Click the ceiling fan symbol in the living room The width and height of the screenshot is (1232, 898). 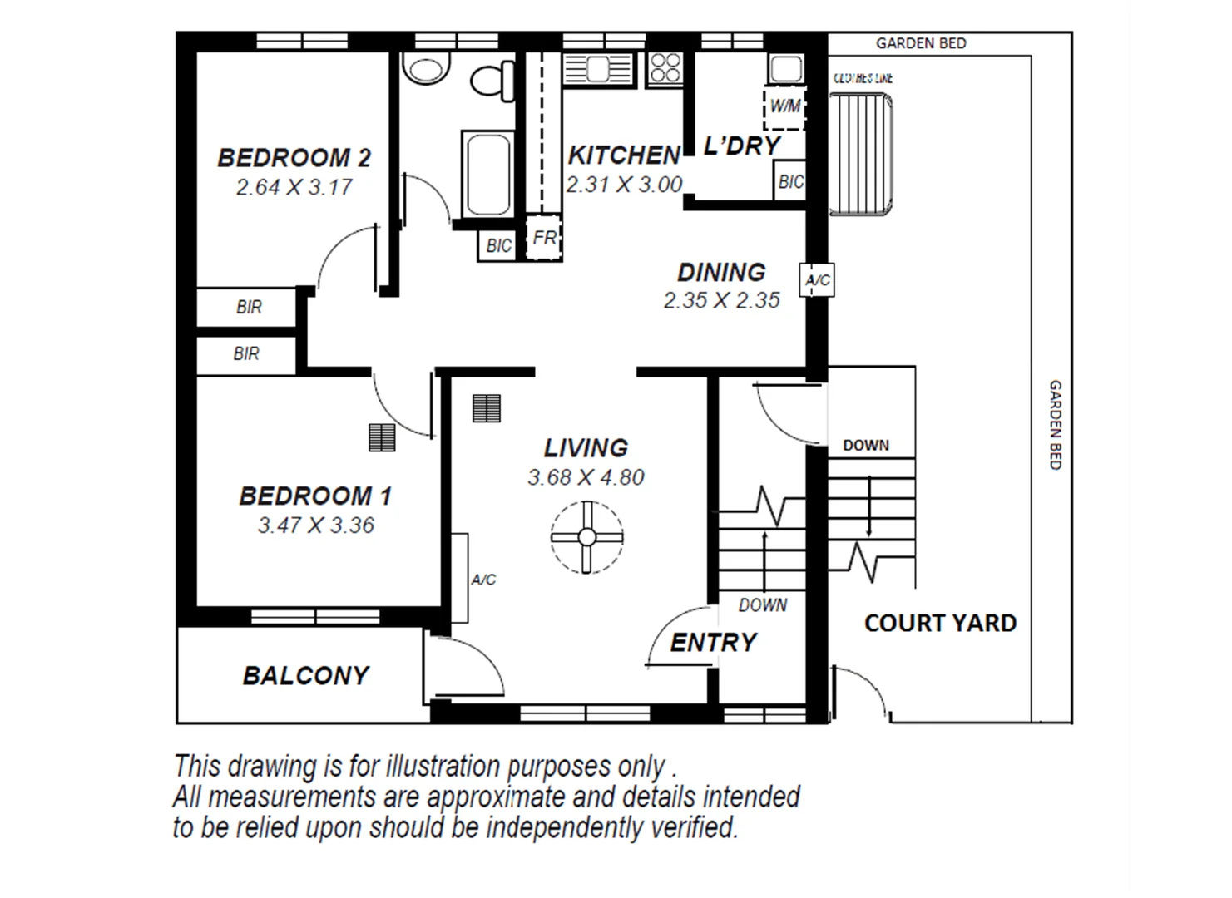(x=586, y=536)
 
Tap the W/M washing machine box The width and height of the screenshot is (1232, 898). (x=784, y=106)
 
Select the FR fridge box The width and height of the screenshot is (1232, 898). (x=544, y=239)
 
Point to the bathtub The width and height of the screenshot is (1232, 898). (x=487, y=174)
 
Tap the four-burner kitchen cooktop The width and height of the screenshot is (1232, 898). (x=665, y=67)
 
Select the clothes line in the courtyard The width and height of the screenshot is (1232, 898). (x=861, y=154)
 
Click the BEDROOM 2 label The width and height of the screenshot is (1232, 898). (x=294, y=157)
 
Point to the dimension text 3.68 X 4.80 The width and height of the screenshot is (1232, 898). (x=586, y=477)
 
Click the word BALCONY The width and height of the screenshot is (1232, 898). (x=305, y=675)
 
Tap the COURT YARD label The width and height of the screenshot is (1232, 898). (x=940, y=623)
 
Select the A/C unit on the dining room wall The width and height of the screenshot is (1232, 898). (x=817, y=280)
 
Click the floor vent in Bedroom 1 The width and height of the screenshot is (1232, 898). (x=382, y=437)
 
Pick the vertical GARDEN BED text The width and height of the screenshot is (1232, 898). (x=1055, y=425)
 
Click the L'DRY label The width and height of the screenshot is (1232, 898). (x=741, y=146)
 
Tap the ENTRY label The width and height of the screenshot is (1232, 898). (x=713, y=642)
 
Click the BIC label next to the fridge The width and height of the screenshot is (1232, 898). (x=498, y=245)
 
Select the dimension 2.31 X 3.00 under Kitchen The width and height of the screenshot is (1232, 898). (x=624, y=185)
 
